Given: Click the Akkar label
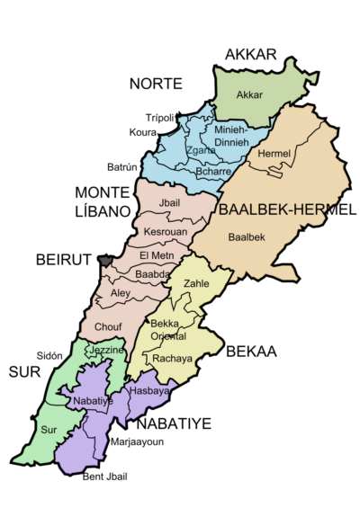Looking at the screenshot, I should coord(249,94).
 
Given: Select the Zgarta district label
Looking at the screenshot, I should coord(200,151).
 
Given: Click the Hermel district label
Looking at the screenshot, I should coord(274,155).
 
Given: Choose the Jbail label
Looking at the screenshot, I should coord(169,202).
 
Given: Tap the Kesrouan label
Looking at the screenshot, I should coord(166,233).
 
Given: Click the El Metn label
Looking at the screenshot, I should coord(157,256).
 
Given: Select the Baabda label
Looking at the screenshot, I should coord(155,275).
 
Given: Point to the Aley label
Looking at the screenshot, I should coord(121,293).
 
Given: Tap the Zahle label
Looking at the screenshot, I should coord(195,284).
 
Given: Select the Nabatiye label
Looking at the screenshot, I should coord(93,401).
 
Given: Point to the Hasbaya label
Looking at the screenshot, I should coord(149,392).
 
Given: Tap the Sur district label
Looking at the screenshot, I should coord(49,431).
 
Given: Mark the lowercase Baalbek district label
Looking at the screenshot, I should coord(247,237).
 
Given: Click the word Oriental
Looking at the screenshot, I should coord(168,336).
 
